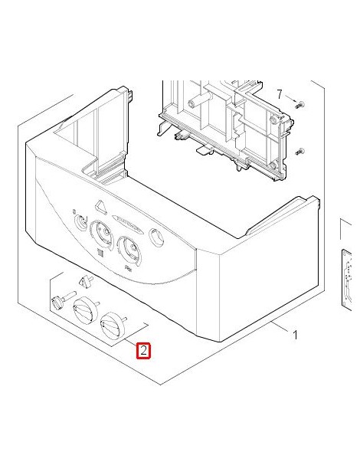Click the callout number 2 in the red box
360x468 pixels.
143,350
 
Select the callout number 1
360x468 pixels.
295,335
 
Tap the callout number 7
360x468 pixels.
279,94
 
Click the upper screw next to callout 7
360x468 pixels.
299,105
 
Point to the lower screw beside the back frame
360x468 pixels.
299,152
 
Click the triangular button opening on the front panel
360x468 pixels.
100,208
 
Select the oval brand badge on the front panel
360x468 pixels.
126,223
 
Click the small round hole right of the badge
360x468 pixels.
155,237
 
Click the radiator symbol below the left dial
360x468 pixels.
100,253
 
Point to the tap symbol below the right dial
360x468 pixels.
129,269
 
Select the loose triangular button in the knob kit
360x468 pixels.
85,281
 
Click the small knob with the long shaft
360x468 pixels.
63,299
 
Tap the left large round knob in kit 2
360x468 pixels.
86,309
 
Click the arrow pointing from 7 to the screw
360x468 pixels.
290,99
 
